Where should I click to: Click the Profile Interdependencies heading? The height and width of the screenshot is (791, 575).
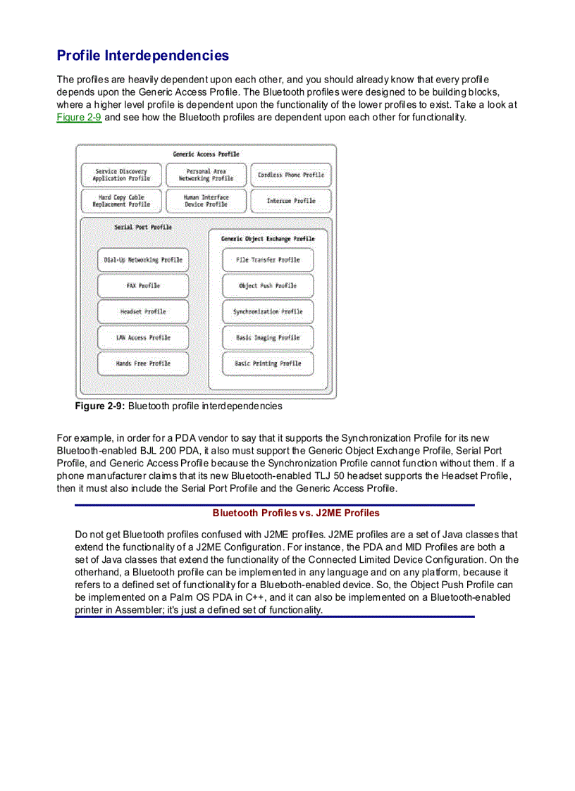click(x=142, y=55)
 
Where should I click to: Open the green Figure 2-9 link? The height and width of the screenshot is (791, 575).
click(x=79, y=117)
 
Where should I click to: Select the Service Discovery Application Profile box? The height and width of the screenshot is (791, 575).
click(x=121, y=175)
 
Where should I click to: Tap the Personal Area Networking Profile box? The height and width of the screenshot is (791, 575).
click(x=206, y=175)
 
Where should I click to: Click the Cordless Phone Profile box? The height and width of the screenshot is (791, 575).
click(x=291, y=175)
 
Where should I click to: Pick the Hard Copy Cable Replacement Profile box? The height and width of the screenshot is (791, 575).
click(x=121, y=201)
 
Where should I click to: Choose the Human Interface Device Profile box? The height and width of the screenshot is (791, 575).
click(x=206, y=201)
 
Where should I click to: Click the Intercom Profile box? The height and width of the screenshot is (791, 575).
click(x=291, y=201)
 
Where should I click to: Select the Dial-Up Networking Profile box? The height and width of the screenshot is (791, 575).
click(x=143, y=260)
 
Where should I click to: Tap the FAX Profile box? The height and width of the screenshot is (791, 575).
click(x=143, y=286)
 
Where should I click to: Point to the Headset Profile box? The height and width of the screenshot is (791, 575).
click(x=143, y=311)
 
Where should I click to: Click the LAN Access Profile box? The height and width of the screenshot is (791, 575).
click(x=143, y=337)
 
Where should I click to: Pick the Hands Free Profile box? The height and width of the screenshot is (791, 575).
click(x=143, y=363)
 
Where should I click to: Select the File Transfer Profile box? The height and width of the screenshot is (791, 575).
click(x=268, y=260)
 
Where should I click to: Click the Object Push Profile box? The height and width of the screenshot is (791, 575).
click(x=268, y=286)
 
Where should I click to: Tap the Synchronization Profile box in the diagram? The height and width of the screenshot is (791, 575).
click(x=268, y=311)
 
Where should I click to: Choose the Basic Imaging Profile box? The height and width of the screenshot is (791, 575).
click(x=268, y=337)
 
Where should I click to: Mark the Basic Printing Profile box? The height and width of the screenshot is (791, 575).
click(x=268, y=363)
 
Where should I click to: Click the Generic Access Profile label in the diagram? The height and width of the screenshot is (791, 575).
click(x=206, y=154)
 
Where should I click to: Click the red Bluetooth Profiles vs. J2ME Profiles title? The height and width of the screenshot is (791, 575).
click(x=296, y=513)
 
